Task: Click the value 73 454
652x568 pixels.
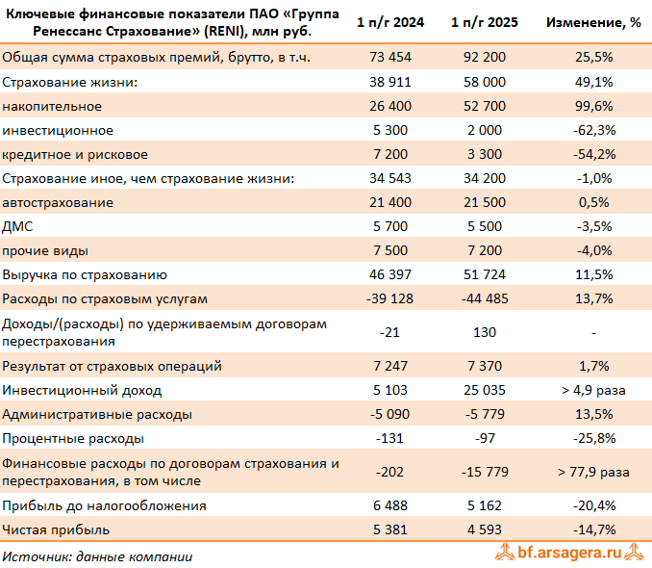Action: [390, 59]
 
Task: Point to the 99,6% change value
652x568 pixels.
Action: [593, 106]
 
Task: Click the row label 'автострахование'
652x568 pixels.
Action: [59, 202]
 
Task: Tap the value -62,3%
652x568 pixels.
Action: [593, 130]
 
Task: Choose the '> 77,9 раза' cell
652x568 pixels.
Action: [593, 472]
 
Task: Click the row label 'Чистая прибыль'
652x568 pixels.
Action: [56, 529]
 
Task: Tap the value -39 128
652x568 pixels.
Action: [390, 298]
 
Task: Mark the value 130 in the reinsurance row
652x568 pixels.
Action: [485, 332]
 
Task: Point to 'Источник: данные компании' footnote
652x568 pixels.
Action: [97, 555]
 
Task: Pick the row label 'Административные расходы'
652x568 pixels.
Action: [97, 414]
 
